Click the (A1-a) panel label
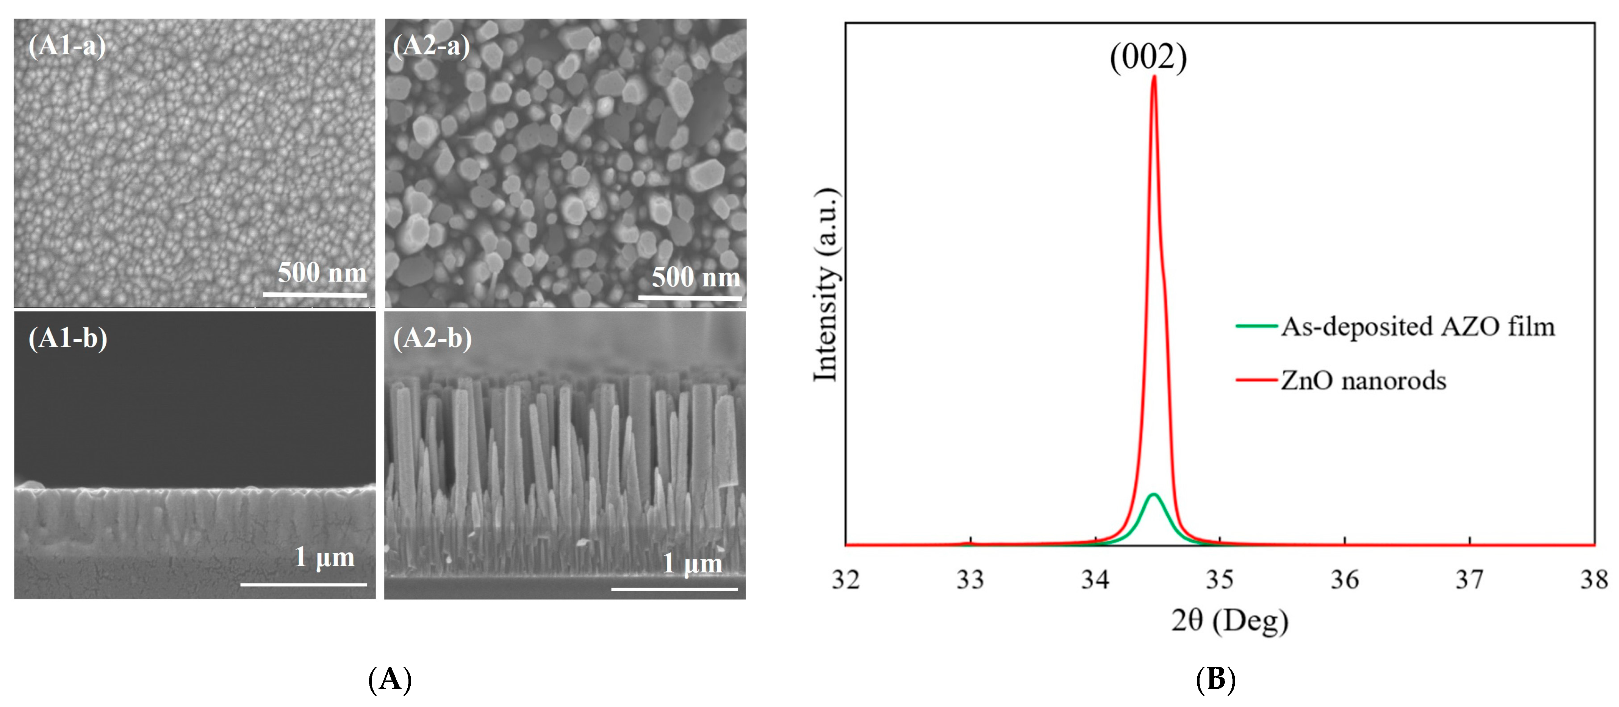click(x=67, y=46)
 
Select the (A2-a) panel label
click(x=431, y=46)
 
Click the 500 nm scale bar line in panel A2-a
click(x=690, y=298)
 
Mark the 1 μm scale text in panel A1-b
click(x=324, y=557)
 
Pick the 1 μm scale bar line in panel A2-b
click(x=674, y=589)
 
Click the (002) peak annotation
click(x=1148, y=58)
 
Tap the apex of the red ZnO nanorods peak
click(x=1154, y=77)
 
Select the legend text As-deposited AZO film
click(x=1417, y=327)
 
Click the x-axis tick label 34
click(x=1095, y=579)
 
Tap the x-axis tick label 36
click(x=1344, y=579)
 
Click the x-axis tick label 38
click(x=1594, y=579)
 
